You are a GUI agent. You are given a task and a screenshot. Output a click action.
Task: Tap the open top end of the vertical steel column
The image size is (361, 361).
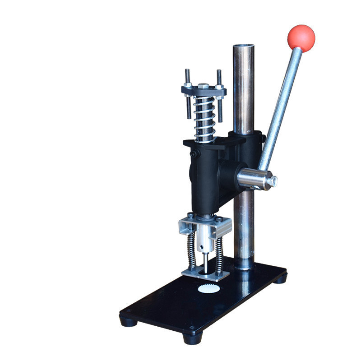pos(244,46)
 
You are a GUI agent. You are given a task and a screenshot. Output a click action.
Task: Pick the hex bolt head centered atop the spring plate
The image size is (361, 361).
pos(204,86)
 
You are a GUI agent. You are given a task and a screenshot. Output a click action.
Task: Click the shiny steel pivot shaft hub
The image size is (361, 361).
pos(253,179)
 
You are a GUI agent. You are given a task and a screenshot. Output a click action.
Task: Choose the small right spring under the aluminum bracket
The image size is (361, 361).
pos(220,256)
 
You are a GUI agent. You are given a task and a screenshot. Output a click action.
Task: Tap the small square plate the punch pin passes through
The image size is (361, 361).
pos(202,273)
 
